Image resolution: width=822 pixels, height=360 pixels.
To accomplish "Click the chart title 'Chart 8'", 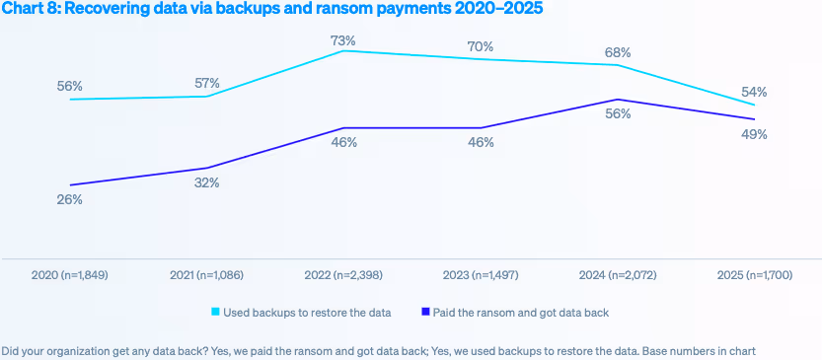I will pos(271,9).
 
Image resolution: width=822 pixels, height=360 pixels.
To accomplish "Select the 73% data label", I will pos(343,40).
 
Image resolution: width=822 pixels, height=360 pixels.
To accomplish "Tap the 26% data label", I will pos(69,199).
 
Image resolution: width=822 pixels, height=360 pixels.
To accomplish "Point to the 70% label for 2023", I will pos(481,45).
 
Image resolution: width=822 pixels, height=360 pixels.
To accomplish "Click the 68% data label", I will pos(618,52).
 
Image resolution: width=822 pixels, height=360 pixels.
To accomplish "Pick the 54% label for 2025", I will pos(754,92).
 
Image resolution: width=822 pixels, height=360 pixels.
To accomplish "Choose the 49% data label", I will pos(754,134).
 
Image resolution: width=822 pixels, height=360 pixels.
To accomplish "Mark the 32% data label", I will pos(206,182).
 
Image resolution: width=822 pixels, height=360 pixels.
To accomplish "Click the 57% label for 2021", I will pos(206,83).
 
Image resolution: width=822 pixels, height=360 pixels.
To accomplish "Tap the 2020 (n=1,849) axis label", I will pos(69,273).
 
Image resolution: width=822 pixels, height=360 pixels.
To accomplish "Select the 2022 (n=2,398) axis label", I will pos(343,273).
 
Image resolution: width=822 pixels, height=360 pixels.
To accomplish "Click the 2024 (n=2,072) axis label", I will pos(618,273).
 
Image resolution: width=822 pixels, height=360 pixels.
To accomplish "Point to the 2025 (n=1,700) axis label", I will pos(754,273).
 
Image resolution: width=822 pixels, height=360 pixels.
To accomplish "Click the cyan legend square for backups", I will pos(216,313).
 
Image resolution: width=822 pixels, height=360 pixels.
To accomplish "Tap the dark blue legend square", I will pos(426,313).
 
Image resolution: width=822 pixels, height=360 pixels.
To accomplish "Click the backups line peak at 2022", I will pos(343,50).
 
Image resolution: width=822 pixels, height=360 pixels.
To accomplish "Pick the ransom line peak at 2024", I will pos(618,100).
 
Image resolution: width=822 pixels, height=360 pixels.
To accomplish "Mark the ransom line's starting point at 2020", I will pos(69,185).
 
